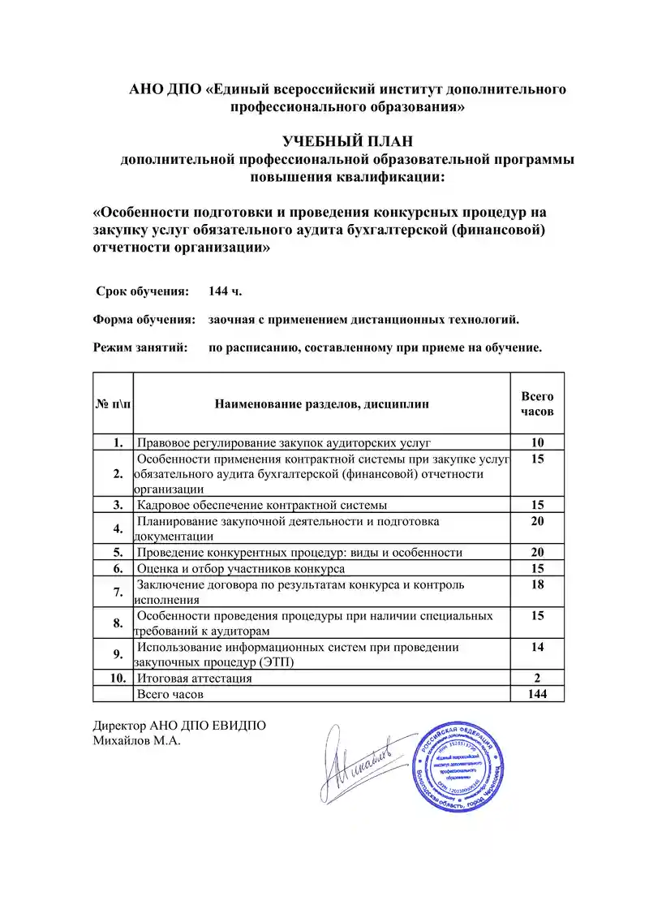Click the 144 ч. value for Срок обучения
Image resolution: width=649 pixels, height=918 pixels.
tap(225, 291)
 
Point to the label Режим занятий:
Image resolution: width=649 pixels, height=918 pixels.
tap(140, 347)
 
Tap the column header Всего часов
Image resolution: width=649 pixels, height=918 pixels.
tap(536, 403)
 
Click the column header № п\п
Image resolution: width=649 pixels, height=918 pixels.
tap(113, 403)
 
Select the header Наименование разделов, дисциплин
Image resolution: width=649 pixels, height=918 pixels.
tap(322, 403)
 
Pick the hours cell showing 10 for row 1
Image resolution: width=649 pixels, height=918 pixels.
tap(536, 442)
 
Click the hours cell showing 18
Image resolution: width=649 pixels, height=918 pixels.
tap(536, 584)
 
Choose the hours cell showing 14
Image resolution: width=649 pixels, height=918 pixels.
tap(536, 647)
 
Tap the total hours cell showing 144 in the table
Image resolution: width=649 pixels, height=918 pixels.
tap(536, 694)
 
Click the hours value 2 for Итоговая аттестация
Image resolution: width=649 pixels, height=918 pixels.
tap(536, 678)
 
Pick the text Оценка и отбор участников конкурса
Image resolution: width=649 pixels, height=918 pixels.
tap(241, 569)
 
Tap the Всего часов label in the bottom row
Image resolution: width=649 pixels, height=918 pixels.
tap(170, 695)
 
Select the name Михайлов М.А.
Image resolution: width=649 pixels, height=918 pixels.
tap(135, 740)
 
